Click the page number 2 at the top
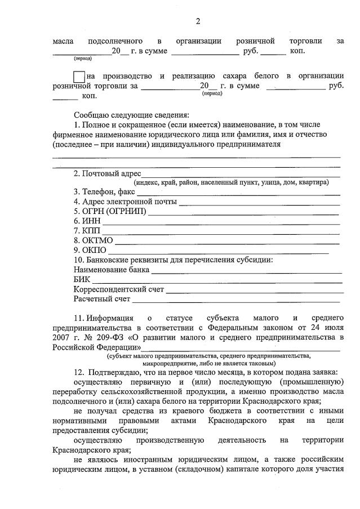point(198,22)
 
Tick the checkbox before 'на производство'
point(79,76)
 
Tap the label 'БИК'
point(82,279)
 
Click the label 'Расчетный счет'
point(101,299)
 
